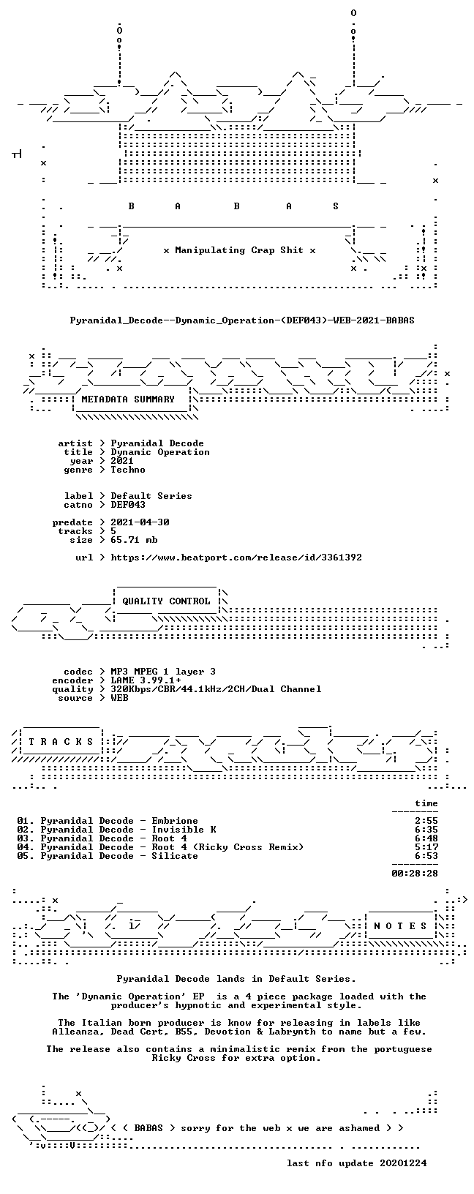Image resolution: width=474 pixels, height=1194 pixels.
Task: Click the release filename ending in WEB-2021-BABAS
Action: pos(242,320)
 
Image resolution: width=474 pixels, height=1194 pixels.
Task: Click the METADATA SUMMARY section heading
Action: pos(128,399)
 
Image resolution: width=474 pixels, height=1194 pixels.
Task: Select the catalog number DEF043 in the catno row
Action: pos(128,505)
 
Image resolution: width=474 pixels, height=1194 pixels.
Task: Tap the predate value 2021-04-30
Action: pos(140,522)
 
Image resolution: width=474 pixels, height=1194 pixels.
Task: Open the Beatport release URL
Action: pos(236,557)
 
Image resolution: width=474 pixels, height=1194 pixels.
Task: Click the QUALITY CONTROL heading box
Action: pos(166,601)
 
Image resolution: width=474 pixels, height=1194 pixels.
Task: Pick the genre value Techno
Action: pos(128,470)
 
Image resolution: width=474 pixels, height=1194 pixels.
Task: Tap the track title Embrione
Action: pos(175,821)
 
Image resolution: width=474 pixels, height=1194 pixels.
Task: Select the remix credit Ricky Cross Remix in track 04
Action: pos(248,847)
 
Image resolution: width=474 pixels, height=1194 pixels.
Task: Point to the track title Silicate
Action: pos(175,856)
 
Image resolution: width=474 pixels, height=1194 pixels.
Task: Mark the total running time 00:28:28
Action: pos(415,874)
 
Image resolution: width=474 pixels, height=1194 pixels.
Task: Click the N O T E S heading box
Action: pos(400,926)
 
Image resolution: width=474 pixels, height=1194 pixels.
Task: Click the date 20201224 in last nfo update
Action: pos(403,1163)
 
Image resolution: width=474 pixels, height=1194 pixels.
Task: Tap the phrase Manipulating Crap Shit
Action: pos(239,250)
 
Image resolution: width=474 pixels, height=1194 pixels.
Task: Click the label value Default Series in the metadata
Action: pos(151,496)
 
